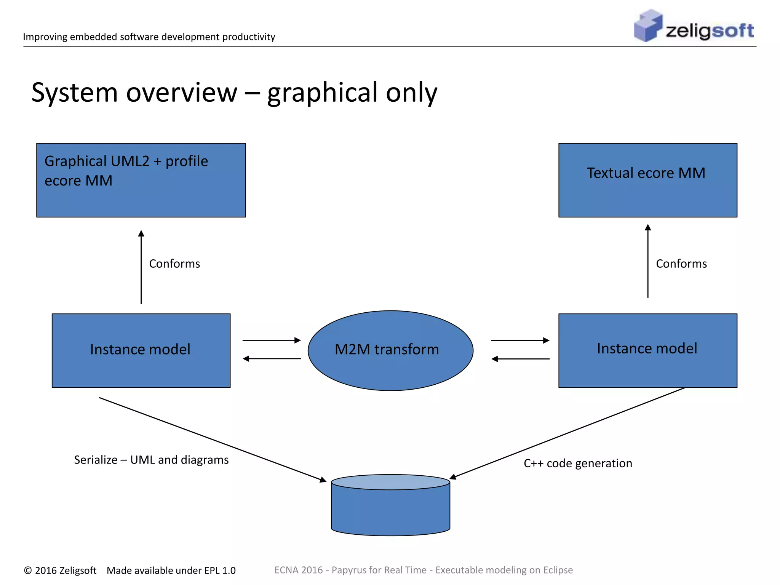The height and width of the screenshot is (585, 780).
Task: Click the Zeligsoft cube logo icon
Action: [x=647, y=26]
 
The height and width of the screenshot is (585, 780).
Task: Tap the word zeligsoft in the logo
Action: [x=710, y=30]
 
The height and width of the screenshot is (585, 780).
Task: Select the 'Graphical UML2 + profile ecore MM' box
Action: [x=141, y=180]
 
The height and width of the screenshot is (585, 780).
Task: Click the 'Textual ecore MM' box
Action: [x=647, y=180]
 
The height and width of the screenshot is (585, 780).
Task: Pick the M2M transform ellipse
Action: [x=390, y=350]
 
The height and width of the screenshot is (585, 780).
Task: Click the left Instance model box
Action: [x=141, y=350]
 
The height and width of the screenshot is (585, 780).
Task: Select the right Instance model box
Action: [x=647, y=350]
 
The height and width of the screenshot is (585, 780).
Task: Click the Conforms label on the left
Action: [x=174, y=264]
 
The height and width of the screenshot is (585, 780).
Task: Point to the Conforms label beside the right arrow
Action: [x=681, y=264]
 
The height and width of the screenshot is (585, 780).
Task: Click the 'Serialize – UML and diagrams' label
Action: [x=151, y=460]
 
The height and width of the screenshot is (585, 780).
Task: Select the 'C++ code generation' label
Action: [x=578, y=463]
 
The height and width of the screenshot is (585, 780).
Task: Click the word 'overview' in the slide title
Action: [x=182, y=93]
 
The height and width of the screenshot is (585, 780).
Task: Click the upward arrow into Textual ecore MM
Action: [x=648, y=261]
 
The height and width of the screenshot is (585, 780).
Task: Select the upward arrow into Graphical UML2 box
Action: [x=141, y=267]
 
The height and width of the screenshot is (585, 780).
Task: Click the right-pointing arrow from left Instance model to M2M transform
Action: [x=272, y=340]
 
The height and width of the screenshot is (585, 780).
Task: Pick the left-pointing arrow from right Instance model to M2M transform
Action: [x=520, y=359]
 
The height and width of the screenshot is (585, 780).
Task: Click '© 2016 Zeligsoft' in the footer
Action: [x=60, y=570]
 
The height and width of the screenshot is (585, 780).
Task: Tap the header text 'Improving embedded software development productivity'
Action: [x=149, y=37]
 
